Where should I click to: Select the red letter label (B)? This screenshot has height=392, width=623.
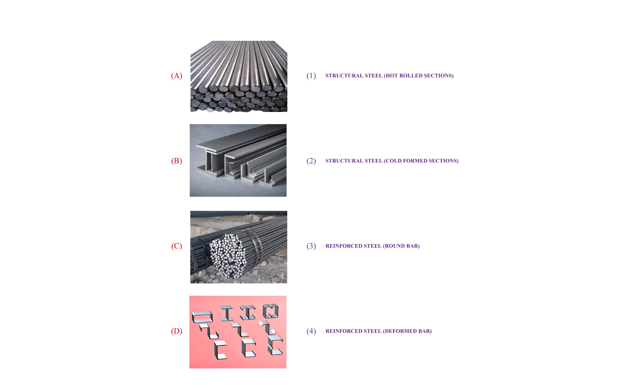(177, 161)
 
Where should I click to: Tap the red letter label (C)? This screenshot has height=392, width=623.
(177, 246)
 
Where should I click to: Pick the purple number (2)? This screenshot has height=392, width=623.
(311, 161)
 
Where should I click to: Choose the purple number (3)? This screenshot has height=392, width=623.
(311, 246)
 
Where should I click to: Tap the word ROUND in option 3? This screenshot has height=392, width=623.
(395, 246)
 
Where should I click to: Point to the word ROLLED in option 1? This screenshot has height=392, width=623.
(411, 76)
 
